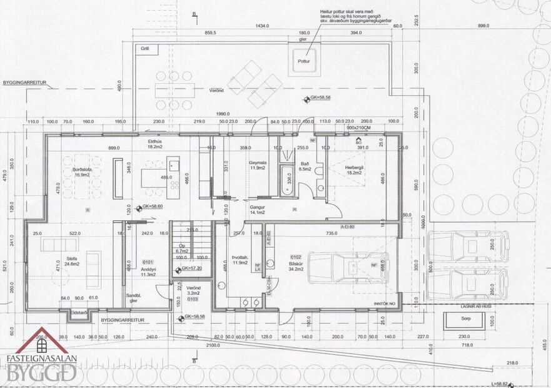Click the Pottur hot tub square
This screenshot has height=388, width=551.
304,59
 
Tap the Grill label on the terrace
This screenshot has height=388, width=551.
145,48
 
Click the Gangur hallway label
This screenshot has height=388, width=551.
258,207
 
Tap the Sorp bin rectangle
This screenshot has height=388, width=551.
464,320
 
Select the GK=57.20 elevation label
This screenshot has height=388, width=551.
191,269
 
